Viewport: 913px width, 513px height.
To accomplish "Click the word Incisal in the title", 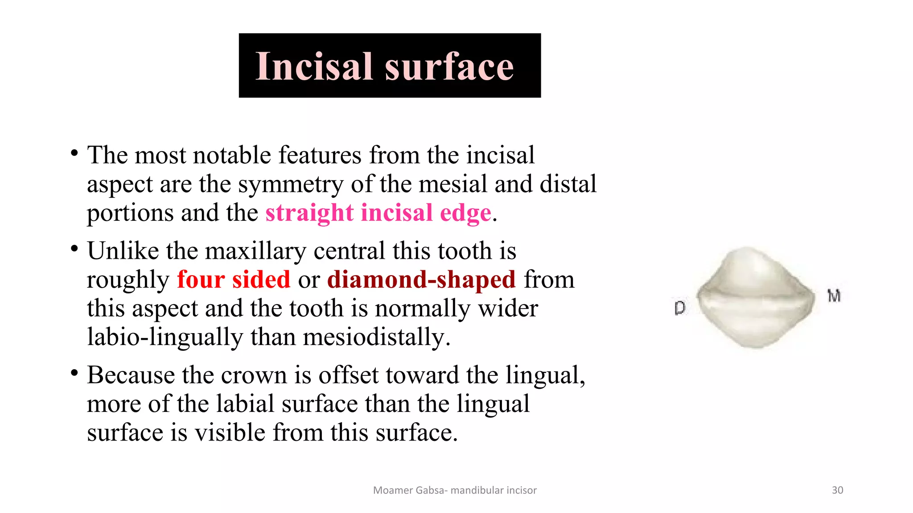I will point(313,66).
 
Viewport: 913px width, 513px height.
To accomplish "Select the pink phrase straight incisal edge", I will point(378,213).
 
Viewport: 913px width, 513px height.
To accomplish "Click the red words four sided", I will point(234,280).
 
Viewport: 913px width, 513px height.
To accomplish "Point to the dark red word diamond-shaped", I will point(421,280).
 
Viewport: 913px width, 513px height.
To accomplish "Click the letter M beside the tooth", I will point(834,296).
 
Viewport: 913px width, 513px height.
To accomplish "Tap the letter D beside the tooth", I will point(679,308).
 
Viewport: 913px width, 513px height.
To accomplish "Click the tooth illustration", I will point(756,297).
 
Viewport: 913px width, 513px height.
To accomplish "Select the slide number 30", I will point(837,490).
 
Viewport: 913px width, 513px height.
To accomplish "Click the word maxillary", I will point(255,251).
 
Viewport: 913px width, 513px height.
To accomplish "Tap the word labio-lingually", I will point(165,337).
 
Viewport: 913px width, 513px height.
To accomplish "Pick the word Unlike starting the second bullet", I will point(123,251).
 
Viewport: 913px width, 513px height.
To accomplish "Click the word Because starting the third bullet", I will point(131,375).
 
